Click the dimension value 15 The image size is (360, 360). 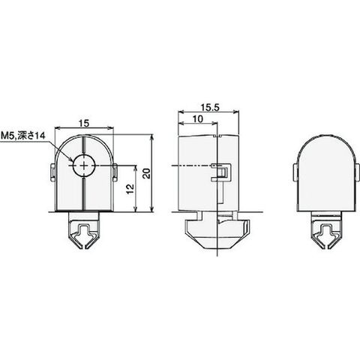[84, 123]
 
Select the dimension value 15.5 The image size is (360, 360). [210, 107]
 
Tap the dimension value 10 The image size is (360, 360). [198, 119]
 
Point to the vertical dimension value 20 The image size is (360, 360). [148, 173]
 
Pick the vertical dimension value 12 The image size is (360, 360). [130, 189]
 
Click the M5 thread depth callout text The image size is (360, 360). [23, 136]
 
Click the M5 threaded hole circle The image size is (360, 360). [84, 166]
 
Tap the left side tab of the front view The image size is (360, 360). [52, 172]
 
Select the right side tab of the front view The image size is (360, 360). [115, 172]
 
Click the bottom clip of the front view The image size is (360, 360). [84, 230]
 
